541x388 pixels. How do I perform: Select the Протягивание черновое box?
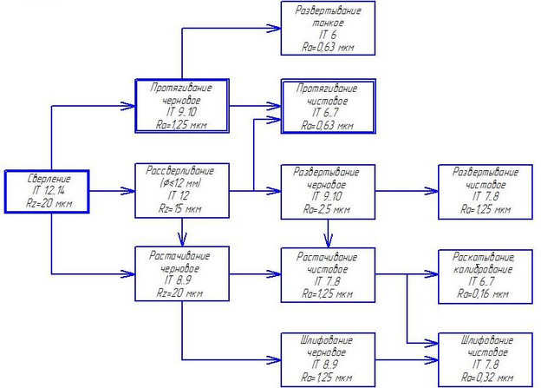(181, 105)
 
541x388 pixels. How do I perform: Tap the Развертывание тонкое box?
(328, 28)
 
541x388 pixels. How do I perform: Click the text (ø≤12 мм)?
(181, 183)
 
